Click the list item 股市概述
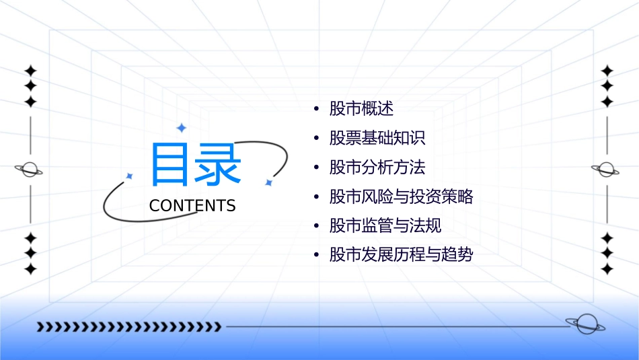point(361,108)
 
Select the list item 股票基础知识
point(377,138)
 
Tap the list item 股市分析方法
point(377,167)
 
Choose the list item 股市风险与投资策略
point(402,196)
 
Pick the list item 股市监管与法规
point(385,226)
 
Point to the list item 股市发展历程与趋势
point(402,255)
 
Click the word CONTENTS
point(192,206)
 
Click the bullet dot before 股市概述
point(316,109)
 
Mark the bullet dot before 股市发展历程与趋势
point(316,256)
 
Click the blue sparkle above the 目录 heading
point(180,127)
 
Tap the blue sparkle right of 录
point(268,182)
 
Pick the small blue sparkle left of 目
point(129,176)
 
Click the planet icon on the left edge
point(29,170)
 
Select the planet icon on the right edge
point(606,170)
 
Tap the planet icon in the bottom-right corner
point(585,325)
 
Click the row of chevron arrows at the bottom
point(128,327)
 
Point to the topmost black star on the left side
point(30,71)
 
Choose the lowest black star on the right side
point(607,269)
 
